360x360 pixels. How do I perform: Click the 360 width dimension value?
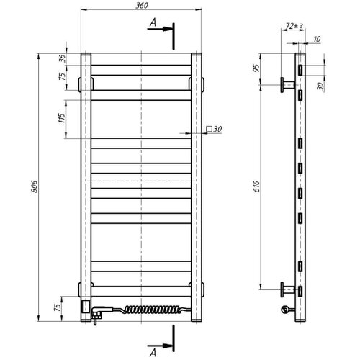142,6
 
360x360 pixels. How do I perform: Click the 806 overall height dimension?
35,186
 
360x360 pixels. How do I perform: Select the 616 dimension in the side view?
256,186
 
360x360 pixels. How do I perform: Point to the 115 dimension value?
62,118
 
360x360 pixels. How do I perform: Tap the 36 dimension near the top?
62,58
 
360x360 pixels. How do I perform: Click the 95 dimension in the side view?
256,68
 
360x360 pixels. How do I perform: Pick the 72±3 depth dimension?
294,26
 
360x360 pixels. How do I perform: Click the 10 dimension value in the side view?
317,39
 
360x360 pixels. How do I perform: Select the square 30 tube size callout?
214,129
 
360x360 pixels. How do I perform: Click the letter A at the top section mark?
153,22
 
